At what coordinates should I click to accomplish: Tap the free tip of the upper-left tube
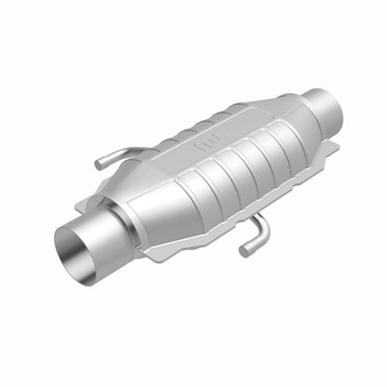point(98,166)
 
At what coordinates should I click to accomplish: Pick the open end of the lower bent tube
point(246,249)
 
